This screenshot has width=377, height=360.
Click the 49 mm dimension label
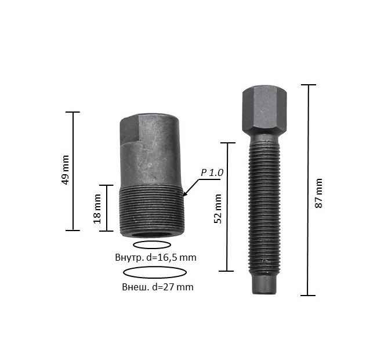click(65, 170)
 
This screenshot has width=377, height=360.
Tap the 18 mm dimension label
click(97, 209)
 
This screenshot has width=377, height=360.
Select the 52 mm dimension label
click(218, 208)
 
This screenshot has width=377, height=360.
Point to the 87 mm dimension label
click(318, 193)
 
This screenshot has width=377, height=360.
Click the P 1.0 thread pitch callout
click(212, 172)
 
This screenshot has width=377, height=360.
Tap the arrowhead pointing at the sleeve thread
click(186, 193)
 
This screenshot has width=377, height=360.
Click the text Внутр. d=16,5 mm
click(155, 257)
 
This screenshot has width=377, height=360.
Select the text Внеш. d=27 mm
click(158, 287)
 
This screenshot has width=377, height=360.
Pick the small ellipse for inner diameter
click(152, 242)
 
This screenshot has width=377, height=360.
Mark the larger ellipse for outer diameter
click(155, 267)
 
